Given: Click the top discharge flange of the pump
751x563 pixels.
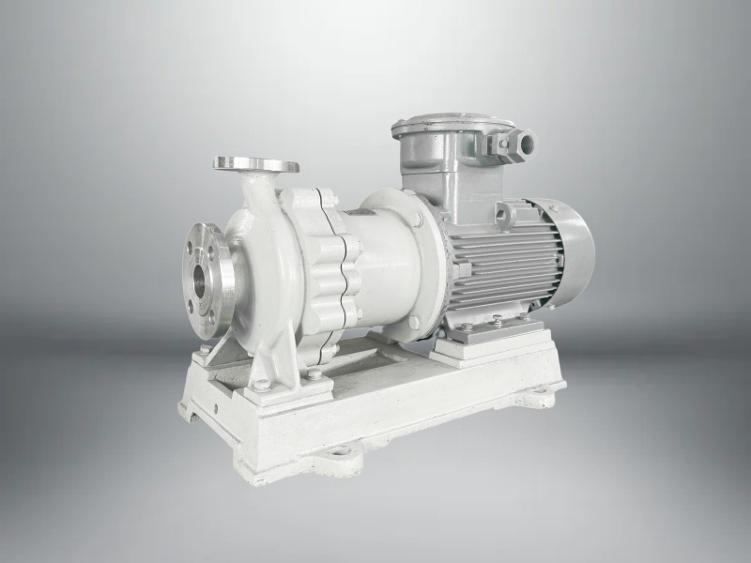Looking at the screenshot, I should pyautogui.click(x=254, y=164).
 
